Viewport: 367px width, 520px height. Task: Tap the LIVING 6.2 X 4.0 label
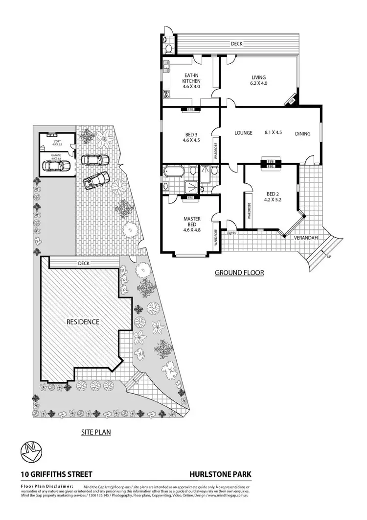pos(259,80)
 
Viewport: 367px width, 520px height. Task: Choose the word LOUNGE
pos(243,133)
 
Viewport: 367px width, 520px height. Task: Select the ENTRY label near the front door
pos(231,233)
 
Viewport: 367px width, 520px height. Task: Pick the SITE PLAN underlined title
pos(95,432)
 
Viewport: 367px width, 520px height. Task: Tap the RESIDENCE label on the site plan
pos(83,322)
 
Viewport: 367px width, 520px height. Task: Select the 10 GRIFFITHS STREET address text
pos(57,474)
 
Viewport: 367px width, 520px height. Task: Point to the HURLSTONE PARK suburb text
pos(220,474)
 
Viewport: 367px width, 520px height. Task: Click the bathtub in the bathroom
pos(174,172)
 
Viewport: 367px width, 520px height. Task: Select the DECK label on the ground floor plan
pos(237,44)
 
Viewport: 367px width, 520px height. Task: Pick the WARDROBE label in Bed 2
pos(249,215)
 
